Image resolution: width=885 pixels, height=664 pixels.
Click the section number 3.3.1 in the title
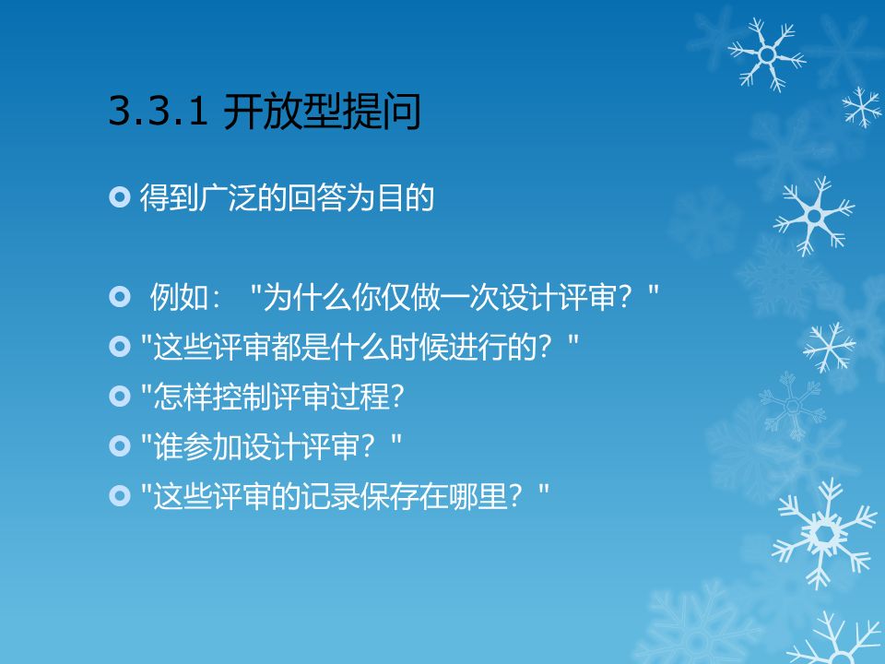tap(158, 110)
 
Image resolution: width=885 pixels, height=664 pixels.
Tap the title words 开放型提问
tap(323, 112)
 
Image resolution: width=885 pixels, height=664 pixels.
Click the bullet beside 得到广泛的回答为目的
tap(119, 197)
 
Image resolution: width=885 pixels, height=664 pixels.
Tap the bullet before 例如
tap(119, 296)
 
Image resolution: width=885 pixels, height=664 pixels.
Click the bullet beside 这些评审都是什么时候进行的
tap(119, 346)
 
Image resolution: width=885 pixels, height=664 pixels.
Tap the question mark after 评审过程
tap(396, 397)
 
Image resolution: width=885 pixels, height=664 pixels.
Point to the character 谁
tap(168, 446)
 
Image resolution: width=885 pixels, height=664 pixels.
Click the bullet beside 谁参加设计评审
tap(119, 446)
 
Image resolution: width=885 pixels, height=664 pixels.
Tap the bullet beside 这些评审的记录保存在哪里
tap(119, 496)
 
